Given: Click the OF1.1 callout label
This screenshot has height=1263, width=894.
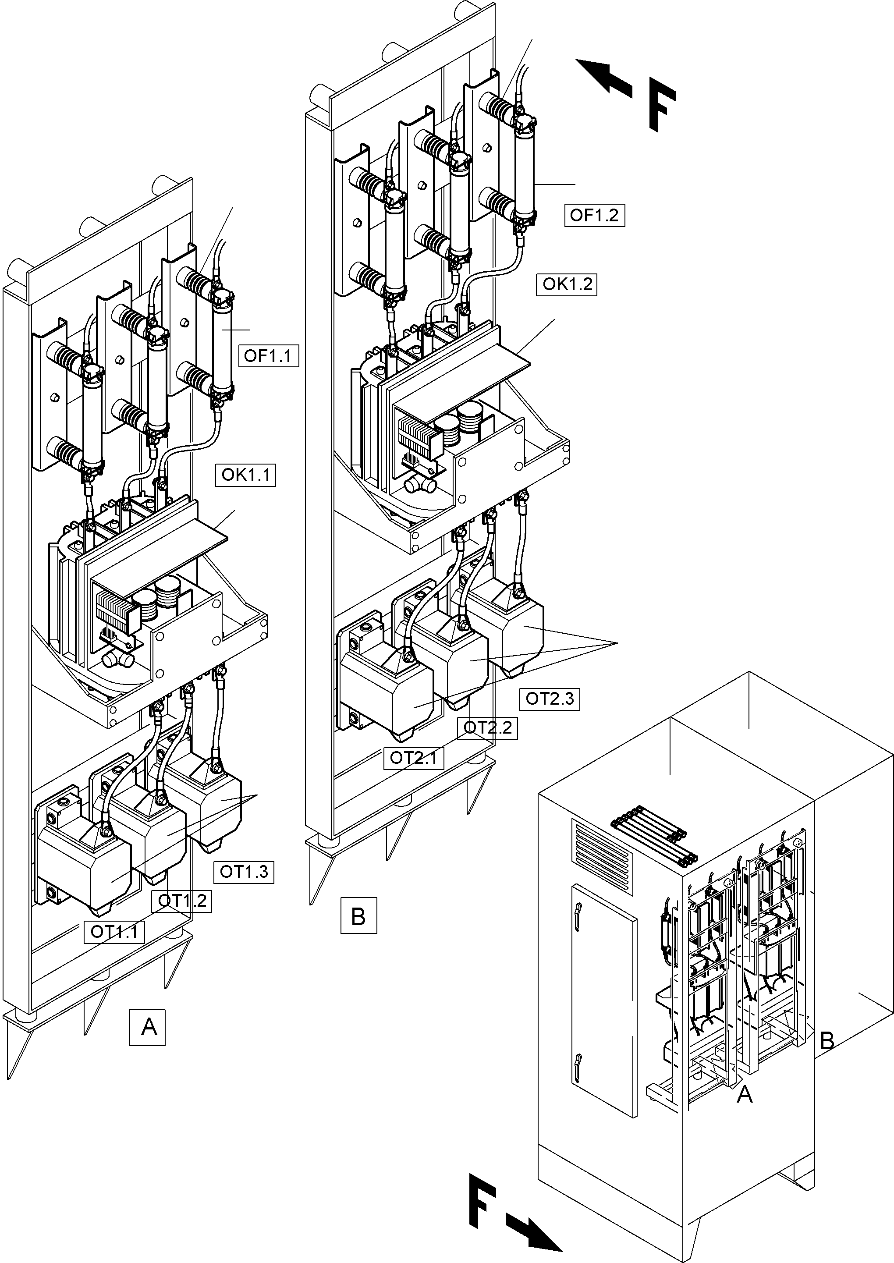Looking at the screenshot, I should pos(268,356).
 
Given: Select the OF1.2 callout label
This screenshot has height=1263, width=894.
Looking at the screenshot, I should pos(595,215).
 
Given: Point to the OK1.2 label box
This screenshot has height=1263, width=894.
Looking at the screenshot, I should pos(567,284).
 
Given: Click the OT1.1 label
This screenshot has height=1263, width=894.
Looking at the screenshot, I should pos(114,932).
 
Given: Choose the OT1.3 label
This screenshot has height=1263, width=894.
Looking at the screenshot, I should pos(244,871).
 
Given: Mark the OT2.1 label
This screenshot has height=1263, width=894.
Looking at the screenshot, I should pos(413,758).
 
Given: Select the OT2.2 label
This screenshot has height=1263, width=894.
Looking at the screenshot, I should pos(488,727).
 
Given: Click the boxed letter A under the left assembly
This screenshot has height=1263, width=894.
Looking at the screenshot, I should pos(147,1027).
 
